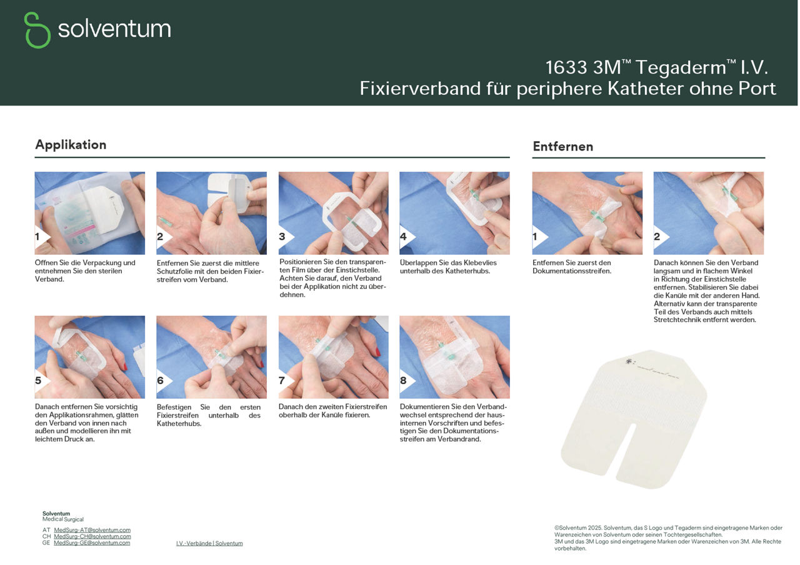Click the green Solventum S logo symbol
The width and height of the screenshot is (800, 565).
(37, 30)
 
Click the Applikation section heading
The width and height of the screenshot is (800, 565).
(71, 145)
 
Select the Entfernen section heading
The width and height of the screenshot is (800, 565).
(562, 147)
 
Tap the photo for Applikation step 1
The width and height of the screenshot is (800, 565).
(89, 212)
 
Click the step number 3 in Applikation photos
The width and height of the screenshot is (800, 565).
(282, 237)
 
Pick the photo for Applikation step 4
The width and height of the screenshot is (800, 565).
(454, 212)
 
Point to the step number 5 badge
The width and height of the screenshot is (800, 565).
(39, 380)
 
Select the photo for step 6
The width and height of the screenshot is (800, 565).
(211, 356)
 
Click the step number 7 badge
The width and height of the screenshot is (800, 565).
(282, 380)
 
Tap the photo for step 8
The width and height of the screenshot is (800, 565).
(454, 356)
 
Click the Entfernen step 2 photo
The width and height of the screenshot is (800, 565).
(708, 212)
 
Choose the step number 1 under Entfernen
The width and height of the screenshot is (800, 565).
(536, 237)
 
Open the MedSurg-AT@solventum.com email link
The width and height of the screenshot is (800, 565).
(92, 530)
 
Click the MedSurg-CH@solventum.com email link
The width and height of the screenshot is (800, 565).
(92, 536)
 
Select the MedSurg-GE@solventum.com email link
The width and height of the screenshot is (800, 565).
(92, 543)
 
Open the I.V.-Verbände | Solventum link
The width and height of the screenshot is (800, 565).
(209, 544)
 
